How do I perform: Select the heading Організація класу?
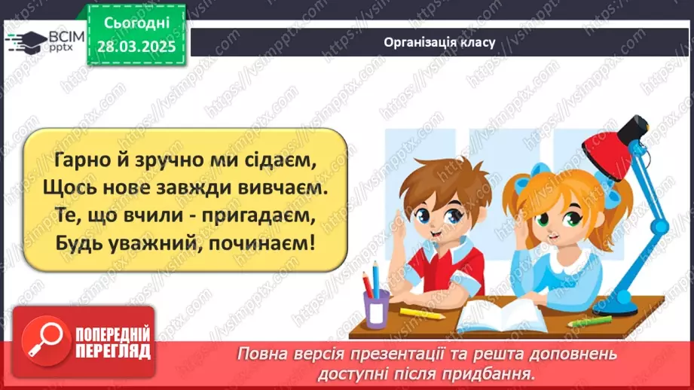click(439, 41)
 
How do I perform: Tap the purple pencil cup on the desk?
click(376, 308)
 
